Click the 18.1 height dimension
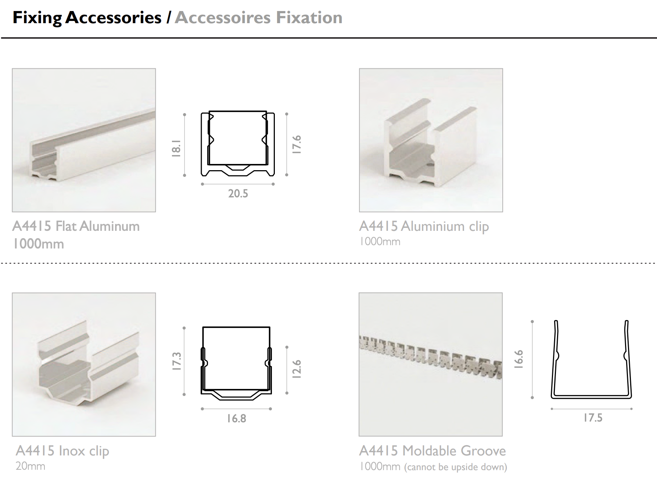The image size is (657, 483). click(176, 148)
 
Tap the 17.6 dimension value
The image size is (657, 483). click(297, 144)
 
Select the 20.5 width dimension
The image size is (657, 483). click(238, 193)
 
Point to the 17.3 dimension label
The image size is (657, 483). click(177, 361)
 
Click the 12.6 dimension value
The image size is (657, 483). click(297, 369)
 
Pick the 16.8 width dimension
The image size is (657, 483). click(236, 418)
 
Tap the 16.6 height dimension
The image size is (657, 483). click(518, 359)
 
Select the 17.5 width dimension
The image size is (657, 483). click(593, 418)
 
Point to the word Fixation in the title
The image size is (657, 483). click(309, 18)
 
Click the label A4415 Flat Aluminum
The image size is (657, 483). click(76, 226)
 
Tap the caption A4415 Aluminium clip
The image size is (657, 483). click(424, 226)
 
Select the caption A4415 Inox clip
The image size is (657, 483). click(62, 451)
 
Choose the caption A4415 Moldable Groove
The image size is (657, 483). click(432, 451)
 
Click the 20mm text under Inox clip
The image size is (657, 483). click(30, 466)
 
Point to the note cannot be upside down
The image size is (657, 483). click(456, 467)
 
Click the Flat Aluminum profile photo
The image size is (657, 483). click(84, 140)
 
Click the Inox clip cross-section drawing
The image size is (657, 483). click(236, 363)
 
